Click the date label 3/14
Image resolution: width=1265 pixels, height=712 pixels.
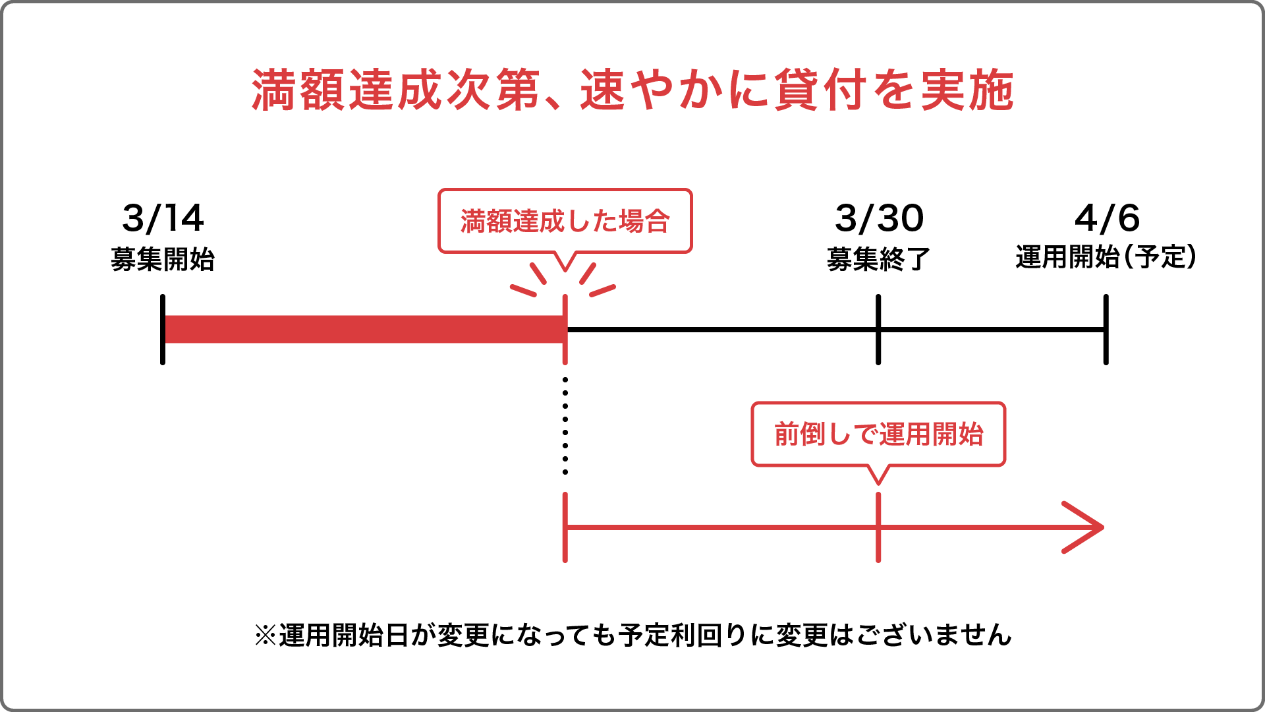click(163, 218)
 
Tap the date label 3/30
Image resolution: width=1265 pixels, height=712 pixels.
click(879, 218)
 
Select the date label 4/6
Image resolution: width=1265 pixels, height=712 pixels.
click(1107, 218)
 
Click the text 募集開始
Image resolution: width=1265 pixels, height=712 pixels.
click(163, 260)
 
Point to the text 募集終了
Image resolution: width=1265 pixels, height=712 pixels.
click(879, 260)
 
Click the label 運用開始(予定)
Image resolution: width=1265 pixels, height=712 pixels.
click(1106, 257)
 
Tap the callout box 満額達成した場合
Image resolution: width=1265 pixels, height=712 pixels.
click(565, 222)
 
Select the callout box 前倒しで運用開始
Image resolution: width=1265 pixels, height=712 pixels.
click(878, 434)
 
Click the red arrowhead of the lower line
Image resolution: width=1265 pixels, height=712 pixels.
click(1084, 527)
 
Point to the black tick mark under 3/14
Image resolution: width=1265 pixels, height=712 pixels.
click(163, 330)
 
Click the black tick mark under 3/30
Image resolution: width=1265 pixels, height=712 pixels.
click(878, 330)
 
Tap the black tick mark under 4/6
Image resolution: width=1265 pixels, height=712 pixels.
click(1106, 330)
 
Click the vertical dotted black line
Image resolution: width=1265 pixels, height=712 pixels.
click(565, 426)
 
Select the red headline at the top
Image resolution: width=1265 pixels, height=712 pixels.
click(632, 90)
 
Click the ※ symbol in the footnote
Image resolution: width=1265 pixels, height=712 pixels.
click(265, 636)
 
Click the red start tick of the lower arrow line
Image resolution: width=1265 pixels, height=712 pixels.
click(565, 527)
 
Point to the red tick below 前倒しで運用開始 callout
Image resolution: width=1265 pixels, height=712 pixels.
click(878, 527)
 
